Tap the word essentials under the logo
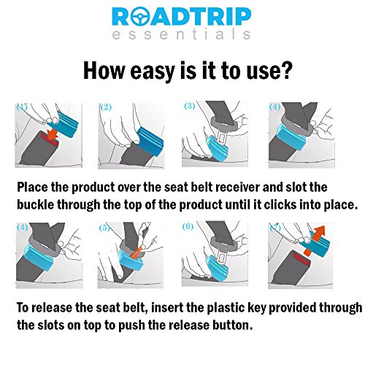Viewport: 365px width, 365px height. pos(181,34)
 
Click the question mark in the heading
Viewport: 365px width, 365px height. pos(285,70)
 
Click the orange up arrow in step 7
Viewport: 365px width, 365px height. pos(316,239)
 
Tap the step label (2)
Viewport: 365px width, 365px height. pos(106,107)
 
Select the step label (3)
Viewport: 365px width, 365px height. pos(190,106)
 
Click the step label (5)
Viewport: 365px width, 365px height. pos(104,228)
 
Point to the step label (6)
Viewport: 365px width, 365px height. pos(188,226)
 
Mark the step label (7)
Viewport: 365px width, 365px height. pos(275,228)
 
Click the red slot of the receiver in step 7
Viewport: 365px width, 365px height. pos(301,258)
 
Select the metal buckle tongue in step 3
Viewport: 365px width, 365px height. pos(222,137)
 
